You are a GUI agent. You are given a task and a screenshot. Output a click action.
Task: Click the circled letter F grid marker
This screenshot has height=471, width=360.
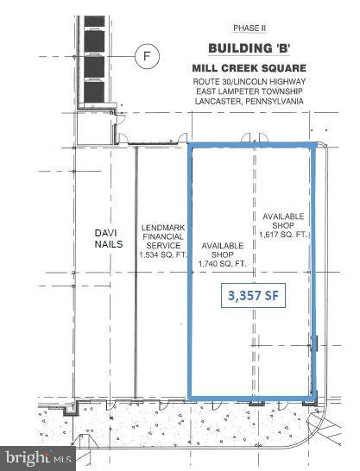click(148, 58)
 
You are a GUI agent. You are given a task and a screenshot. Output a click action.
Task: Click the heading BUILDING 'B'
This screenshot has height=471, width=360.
click(251, 48)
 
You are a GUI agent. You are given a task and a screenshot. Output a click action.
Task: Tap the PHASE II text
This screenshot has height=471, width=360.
click(251, 28)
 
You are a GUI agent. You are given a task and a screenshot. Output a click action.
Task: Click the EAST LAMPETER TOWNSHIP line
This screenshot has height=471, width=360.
click(251, 89)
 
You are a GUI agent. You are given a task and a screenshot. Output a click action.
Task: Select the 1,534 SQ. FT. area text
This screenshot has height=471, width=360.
click(162, 254)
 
